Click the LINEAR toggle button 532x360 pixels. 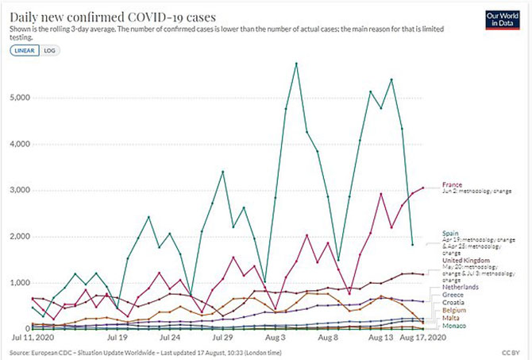point(25,49)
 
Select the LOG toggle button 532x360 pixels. point(49,49)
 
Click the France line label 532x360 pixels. point(453,185)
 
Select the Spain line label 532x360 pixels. point(452,233)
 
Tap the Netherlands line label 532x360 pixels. point(460,286)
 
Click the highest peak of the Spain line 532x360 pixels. point(296,63)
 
